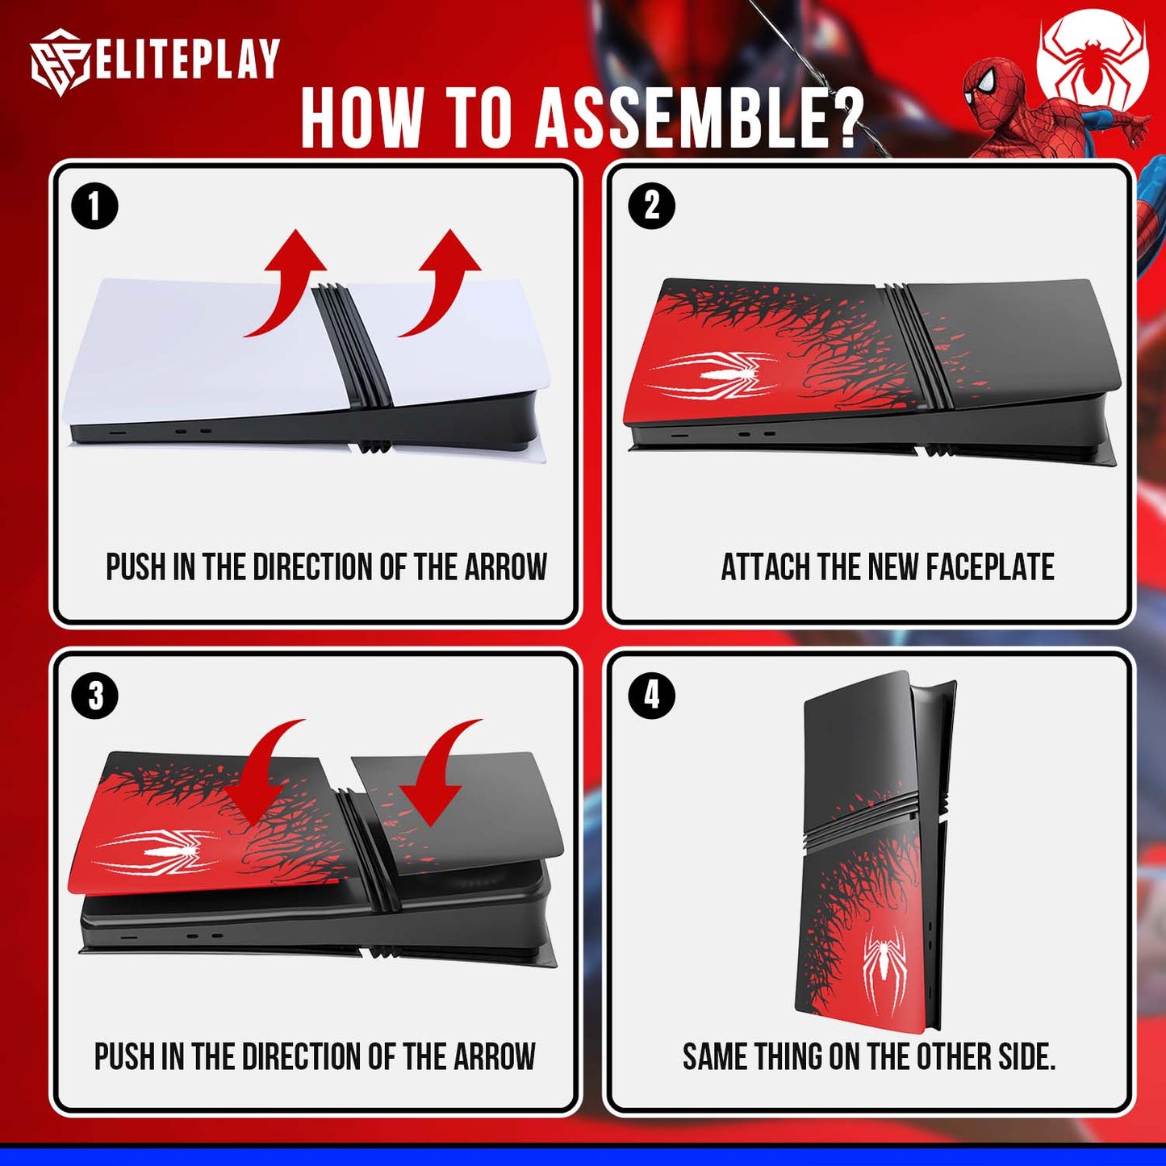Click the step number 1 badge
tap(94, 206)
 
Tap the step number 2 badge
tap(651, 206)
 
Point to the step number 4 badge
tap(651, 696)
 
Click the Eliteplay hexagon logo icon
tap(59, 62)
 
